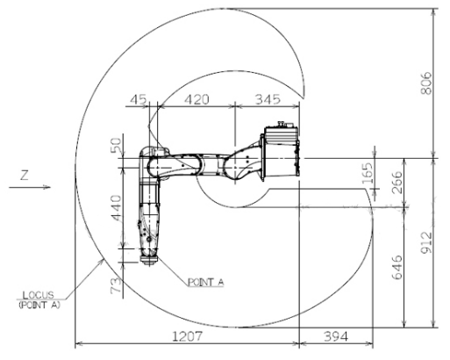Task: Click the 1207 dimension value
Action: (x=187, y=336)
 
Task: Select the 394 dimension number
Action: (x=336, y=336)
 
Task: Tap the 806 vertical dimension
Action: (x=426, y=83)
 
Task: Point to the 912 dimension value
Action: (x=426, y=243)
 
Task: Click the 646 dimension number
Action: (x=397, y=267)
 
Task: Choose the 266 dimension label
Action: (x=397, y=183)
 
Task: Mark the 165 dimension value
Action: (x=368, y=174)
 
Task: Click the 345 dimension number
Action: (x=268, y=99)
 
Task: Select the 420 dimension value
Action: (x=196, y=99)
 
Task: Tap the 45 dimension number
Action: (x=139, y=99)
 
